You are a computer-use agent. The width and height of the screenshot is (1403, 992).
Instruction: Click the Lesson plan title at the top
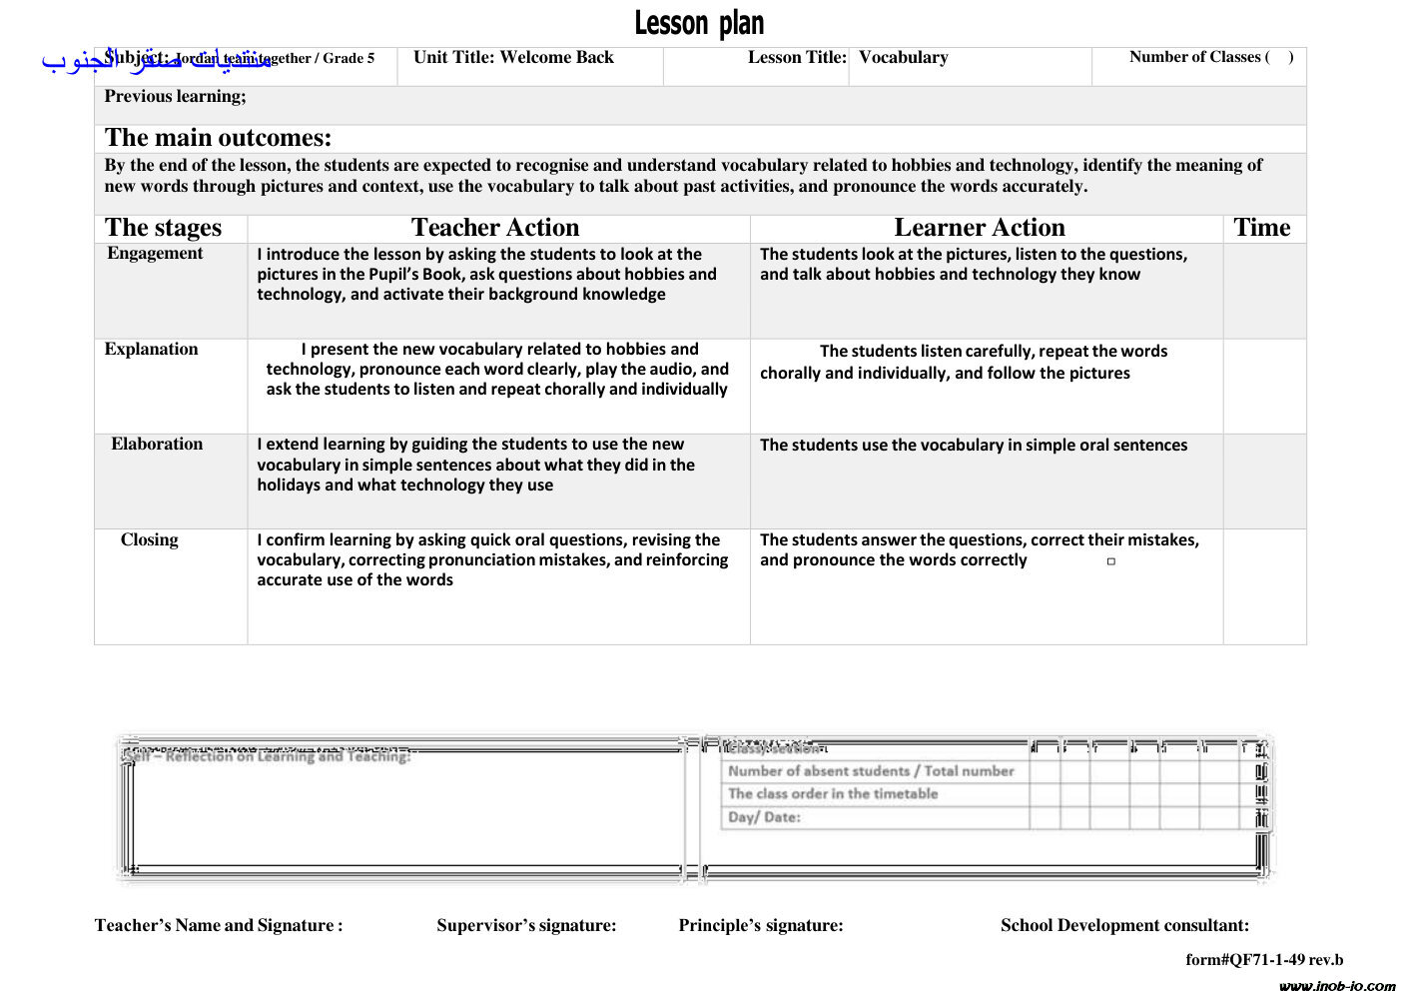[699, 23]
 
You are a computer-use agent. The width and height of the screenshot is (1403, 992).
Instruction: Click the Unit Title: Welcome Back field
[513, 58]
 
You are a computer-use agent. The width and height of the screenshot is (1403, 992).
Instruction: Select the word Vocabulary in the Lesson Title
[903, 58]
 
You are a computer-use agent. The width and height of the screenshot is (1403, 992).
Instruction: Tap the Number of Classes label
[1198, 58]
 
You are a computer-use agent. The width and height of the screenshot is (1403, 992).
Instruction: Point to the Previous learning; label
[175, 97]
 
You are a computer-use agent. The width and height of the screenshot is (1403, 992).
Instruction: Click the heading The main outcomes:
[218, 138]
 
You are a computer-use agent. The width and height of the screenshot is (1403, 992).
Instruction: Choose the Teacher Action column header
[495, 228]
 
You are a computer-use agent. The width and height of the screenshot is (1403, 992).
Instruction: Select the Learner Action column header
[979, 228]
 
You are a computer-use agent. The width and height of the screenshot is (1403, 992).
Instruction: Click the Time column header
[1262, 228]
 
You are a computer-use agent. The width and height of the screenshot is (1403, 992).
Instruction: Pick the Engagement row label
[155, 254]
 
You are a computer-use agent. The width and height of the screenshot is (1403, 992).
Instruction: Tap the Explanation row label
[151, 350]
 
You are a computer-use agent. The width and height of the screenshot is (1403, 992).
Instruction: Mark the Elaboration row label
[157, 445]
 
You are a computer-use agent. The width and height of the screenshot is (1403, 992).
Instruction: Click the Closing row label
[150, 540]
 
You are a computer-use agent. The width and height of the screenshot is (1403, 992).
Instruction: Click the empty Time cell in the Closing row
[1264, 585]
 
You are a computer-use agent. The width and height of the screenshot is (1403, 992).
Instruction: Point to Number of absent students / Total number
[871, 771]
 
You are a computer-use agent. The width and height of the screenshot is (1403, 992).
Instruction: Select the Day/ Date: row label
[764, 817]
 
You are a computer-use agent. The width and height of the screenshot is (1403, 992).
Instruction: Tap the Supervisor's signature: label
[526, 926]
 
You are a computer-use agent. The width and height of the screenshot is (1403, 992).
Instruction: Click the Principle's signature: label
[761, 926]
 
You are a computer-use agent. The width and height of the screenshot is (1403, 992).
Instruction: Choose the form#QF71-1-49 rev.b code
[1264, 960]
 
